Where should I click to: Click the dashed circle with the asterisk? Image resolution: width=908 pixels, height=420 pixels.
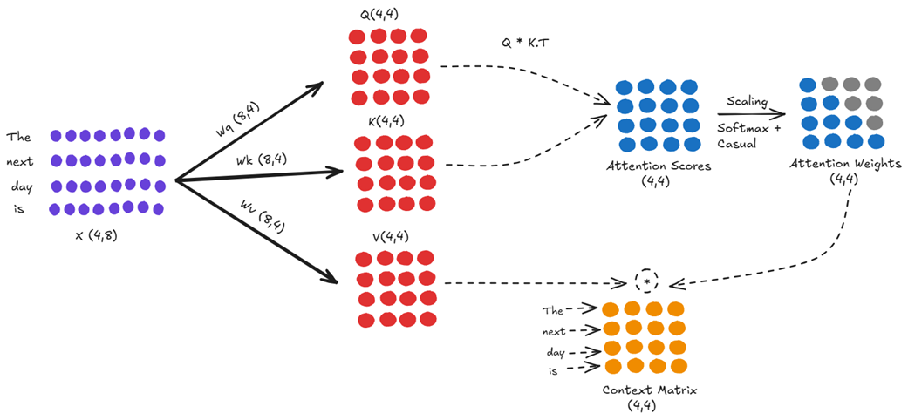pyautogui.click(x=645, y=282)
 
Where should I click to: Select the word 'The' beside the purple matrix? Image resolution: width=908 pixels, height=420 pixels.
pyautogui.click(x=18, y=137)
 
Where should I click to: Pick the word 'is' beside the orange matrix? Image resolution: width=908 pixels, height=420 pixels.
pyautogui.click(x=553, y=370)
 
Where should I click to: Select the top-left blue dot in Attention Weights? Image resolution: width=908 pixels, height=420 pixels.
pyautogui.click(x=808, y=85)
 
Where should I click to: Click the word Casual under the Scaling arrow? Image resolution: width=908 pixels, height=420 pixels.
pyautogui.click(x=737, y=144)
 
